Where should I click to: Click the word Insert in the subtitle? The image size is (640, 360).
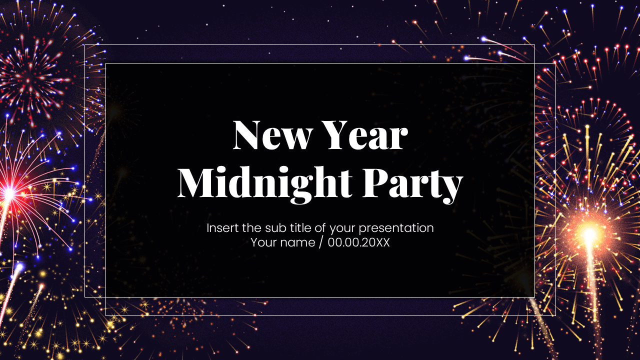pyautogui.click(x=222, y=228)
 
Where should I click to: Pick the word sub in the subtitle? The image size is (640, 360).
pyautogui.click(x=272, y=228)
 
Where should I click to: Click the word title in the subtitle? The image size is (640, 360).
pyautogui.click(x=299, y=228)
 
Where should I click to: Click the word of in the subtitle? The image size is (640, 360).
pyautogui.click(x=320, y=228)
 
